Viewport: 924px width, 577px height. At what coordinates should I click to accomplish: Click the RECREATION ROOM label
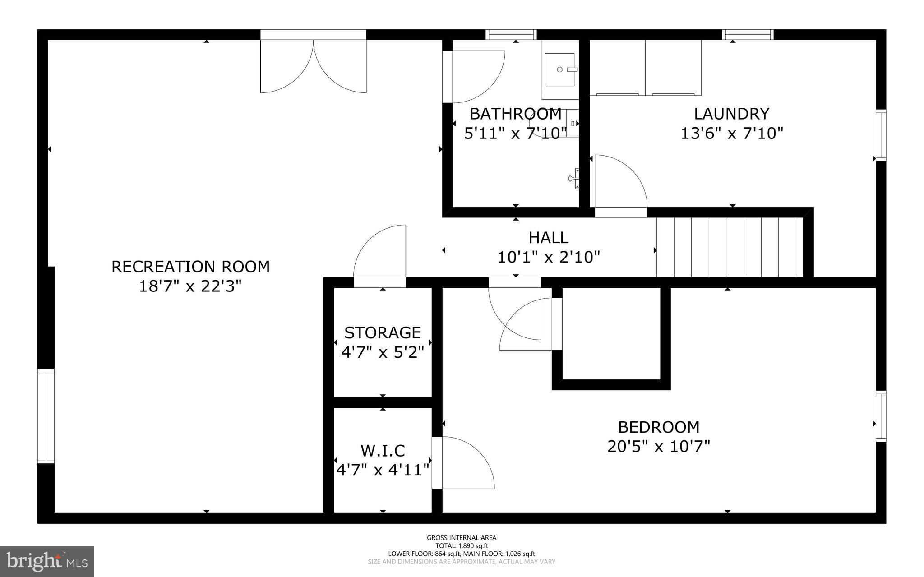(x=190, y=267)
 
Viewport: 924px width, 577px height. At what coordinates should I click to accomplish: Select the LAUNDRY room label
(x=731, y=114)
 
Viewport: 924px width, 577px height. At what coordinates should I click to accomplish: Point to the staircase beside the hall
(x=730, y=247)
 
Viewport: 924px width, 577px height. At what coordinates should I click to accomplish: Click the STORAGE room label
(x=383, y=332)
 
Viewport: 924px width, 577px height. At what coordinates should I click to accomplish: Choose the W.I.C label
(x=383, y=450)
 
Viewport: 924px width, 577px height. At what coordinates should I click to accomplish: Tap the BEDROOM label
(x=659, y=427)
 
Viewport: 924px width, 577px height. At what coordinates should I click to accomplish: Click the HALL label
(x=549, y=237)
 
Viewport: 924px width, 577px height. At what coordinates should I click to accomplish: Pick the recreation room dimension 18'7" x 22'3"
(x=190, y=286)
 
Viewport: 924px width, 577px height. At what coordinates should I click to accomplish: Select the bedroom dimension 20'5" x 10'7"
(x=659, y=447)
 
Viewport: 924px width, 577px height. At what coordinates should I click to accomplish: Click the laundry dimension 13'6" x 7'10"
(x=731, y=134)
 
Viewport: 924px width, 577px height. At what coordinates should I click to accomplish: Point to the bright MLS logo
(x=47, y=561)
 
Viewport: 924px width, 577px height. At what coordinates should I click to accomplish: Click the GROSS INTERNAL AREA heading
(x=462, y=538)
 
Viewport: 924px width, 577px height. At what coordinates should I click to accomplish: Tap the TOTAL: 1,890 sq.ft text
(x=462, y=546)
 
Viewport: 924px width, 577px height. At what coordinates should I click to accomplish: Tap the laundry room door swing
(x=621, y=181)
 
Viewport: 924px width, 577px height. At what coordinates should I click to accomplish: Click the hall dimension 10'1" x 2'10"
(x=549, y=257)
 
